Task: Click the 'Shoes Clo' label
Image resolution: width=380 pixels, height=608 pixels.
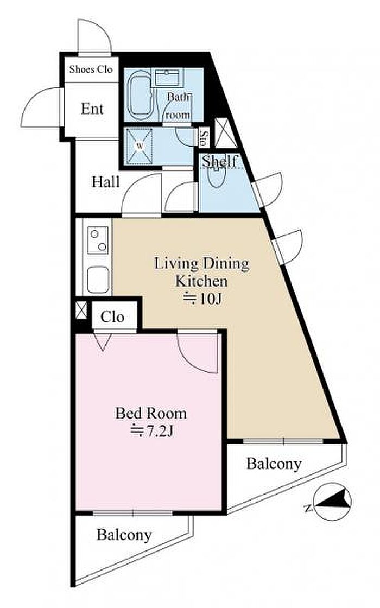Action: pos(91,69)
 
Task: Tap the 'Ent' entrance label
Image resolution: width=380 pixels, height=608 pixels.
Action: pos(92,109)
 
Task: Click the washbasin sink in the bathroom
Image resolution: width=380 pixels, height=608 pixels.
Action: pos(167,78)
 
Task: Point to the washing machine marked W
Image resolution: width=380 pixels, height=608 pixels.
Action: pos(140,147)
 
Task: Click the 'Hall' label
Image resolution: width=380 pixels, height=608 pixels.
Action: pos(105,182)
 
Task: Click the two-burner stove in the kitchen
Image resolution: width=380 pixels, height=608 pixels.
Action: pos(98,240)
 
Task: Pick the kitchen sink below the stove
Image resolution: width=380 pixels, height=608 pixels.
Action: pos(98,280)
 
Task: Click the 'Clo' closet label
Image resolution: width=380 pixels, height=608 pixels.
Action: pos(112,317)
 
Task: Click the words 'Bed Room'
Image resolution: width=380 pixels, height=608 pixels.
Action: pos(151,413)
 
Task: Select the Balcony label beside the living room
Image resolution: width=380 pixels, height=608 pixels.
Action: pos(274,464)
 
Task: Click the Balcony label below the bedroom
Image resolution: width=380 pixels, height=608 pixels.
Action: pos(124,535)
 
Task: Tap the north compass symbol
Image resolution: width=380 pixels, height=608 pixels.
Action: pos(332,501)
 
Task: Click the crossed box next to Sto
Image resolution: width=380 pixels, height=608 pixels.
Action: pos(226,132)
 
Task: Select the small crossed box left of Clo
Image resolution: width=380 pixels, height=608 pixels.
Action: pos(81,310)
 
